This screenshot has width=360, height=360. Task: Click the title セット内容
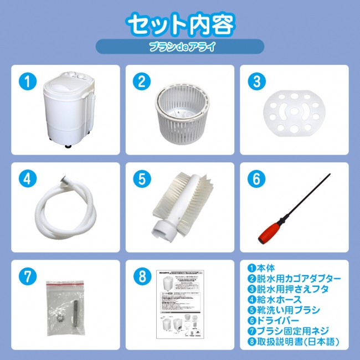[181, 23]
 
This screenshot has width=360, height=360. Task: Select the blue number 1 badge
[26, 81]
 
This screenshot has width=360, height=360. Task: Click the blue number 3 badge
[254, 81]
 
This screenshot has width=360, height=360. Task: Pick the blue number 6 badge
[254, 178]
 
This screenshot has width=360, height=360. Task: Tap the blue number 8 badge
[140, 275]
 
